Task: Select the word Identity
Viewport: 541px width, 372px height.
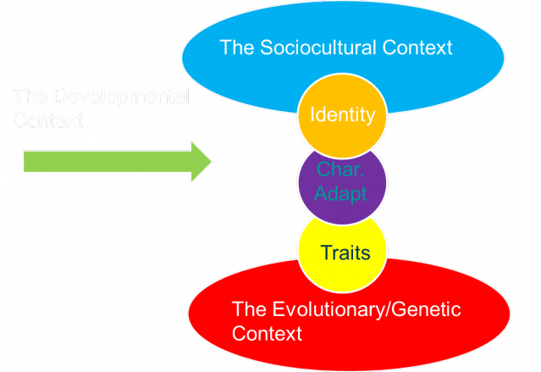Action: point(342,114)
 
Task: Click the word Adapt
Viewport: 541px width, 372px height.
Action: point(342,193)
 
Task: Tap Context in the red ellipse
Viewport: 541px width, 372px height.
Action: point(266,334)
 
